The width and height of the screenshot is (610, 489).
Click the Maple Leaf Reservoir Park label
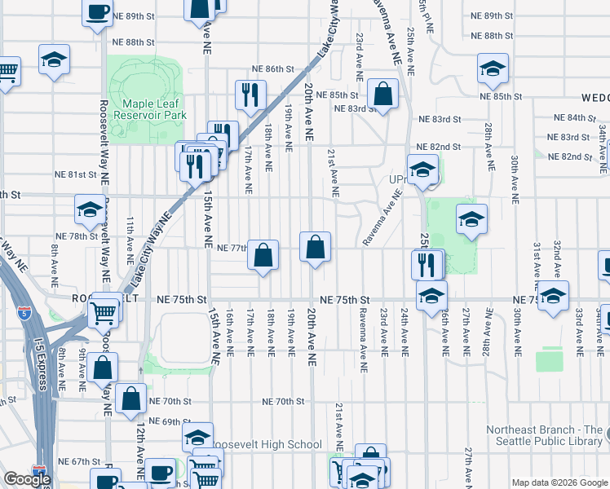(x=151, y=109)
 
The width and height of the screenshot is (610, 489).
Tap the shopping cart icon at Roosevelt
(x=104, y=310)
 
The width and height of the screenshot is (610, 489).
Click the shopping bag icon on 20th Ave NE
(x=316, y=246)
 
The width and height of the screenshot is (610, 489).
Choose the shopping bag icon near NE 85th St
(x=382, y=93)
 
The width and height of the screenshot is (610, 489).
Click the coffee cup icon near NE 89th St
(x=97, y=12)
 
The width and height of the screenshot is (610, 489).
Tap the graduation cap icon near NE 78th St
(x=89, y=210)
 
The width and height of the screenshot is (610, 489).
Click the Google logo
(x=27, y=479)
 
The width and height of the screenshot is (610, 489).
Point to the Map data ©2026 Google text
(x=559, y=482)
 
